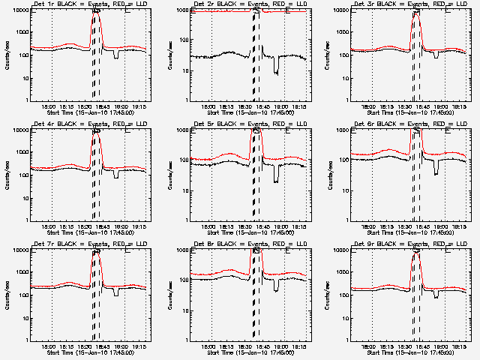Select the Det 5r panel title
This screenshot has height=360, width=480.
click(250, 125)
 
